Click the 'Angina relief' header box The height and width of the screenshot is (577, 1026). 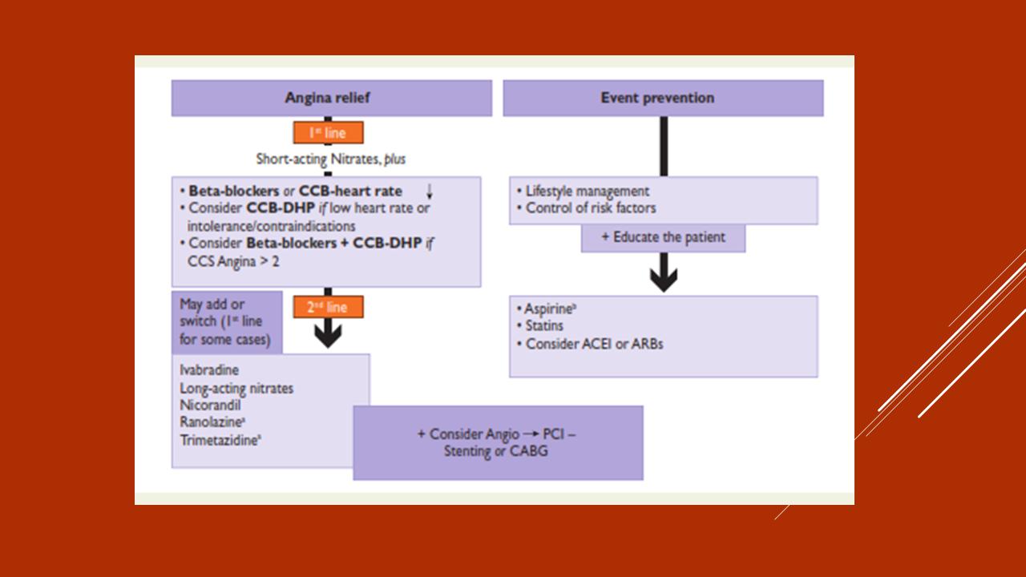[x=331, y=98]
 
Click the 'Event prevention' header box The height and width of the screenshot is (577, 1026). [x=662, y=98]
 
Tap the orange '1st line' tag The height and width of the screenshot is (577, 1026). [x=328, y=132]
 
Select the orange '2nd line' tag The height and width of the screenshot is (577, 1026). [x=328, y=307]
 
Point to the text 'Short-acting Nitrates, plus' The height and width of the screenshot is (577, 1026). [x=330, y=159]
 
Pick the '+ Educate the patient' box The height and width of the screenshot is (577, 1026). [x=663, y=237]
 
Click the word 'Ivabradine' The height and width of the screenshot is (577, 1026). [x=209, y=370]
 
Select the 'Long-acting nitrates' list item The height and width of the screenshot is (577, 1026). [x=236, y=388]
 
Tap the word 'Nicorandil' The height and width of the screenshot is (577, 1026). [x=210, y=405]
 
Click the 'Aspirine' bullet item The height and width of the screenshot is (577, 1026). [x=551, y=309]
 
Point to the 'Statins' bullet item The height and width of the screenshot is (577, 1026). [x=544, y=326]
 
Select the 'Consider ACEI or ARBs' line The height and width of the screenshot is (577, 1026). [x=594, y=344]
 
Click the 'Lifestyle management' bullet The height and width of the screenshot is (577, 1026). [x=587, y=192]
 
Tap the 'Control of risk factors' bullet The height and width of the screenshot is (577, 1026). [x=590, y=208]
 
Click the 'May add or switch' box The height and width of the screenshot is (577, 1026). [x=227, y=321]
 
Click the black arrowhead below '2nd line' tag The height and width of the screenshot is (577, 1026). [x=328, y=335]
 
